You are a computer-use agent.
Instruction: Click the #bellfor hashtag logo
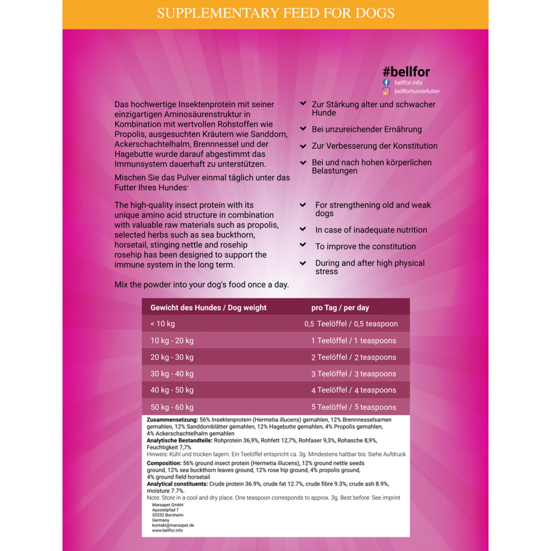[x=406, y=72]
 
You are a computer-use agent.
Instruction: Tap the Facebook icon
[x=386, y=82]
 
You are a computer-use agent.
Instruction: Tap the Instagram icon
[x=386, y=91]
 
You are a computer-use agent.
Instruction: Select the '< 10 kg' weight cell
[x=163, y=324]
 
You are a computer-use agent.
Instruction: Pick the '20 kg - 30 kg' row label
[x=172, y=357]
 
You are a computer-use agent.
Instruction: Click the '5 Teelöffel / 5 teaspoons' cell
[x=354, y=407]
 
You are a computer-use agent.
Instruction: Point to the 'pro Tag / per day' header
[x=340, y=308]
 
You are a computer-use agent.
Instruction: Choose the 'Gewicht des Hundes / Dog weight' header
[x=208, y=308]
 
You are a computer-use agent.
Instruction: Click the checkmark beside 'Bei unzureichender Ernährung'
[x=303, y=129]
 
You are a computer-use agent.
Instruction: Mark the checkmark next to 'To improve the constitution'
[x=303, y=245]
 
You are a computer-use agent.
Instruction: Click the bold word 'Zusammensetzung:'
[x=172, y=420]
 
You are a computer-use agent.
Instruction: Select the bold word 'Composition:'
[x=164, y=463]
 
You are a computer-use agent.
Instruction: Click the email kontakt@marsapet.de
[x=173, y=525]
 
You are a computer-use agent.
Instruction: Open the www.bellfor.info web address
[x=167, y=530]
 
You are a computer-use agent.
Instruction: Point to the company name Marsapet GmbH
[x=168, y=505]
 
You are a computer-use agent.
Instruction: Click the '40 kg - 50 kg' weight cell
[x=172, y=390]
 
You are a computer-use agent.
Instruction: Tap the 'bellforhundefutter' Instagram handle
[x=417, y=91]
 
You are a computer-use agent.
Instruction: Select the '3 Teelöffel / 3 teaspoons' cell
[x=354, y=374]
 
